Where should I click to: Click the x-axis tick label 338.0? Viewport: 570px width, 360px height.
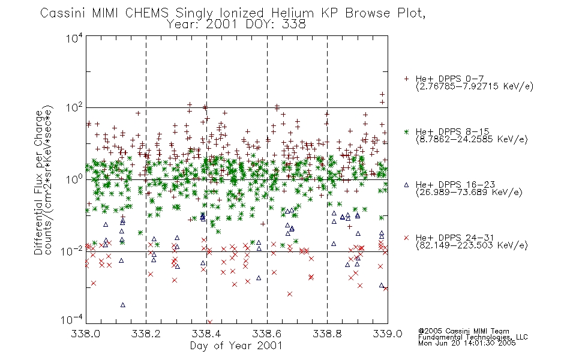pos(85,334)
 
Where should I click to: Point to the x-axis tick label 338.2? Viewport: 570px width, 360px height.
pos(146,334)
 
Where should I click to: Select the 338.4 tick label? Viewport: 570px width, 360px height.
pos(206,334)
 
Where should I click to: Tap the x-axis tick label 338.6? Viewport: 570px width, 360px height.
pos(266,334)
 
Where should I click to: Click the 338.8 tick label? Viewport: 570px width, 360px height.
pos(327,334)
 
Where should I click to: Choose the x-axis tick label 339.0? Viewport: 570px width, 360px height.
pos(388,334)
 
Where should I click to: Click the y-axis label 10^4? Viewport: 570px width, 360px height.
pos(74,38)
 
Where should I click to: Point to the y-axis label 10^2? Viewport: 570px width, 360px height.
pos(74,108)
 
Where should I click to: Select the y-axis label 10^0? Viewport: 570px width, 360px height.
pos(74,179)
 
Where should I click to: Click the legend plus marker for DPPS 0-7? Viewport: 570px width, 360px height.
pos(406,79)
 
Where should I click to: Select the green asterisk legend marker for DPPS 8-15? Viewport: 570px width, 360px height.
pos(406,131)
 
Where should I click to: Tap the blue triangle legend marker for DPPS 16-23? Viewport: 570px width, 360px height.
pos(406,185)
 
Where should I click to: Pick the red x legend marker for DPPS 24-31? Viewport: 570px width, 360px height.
pos(406,238)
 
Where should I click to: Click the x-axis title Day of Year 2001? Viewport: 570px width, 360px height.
pos(236,346)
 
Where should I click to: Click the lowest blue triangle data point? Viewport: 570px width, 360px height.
pos(123,305)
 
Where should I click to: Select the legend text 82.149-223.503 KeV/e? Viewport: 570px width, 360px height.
pos(472,245)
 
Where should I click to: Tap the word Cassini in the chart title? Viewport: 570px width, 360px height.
pos(62,13)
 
